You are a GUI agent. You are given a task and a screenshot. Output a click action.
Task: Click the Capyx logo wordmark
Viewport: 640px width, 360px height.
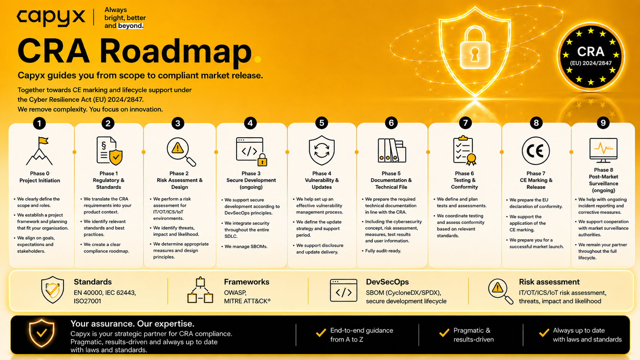51,18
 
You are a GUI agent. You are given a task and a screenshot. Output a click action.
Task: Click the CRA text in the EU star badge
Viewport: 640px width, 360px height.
591,52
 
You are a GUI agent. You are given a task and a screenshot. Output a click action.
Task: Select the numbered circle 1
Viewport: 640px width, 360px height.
39,123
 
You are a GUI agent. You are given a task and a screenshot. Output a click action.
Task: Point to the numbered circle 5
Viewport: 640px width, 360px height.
322,123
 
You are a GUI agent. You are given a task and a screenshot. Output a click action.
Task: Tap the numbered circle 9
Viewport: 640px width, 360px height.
603,123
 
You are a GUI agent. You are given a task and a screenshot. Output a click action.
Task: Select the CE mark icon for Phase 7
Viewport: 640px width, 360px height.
536,151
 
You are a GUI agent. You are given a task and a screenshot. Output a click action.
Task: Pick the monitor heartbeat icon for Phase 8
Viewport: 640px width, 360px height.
603,150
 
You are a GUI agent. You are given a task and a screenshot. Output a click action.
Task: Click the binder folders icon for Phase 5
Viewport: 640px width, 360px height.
392,150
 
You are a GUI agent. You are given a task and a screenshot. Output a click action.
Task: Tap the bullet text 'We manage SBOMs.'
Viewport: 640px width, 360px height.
246,246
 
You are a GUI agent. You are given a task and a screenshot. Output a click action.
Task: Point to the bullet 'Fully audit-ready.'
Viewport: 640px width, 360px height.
383,251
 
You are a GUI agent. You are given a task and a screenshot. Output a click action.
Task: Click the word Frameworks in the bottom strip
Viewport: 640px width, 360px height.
247,282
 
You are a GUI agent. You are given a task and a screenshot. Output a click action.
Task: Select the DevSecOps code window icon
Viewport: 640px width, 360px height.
343,290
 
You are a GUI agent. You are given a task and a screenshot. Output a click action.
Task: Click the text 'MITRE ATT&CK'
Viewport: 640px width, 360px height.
247,301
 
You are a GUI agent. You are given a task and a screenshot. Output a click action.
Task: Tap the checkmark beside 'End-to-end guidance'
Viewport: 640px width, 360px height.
321,332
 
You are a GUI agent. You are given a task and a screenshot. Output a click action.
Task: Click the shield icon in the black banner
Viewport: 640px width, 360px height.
42,333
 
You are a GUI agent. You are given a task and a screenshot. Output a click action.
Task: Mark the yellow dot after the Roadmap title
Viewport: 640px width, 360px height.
258,59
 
